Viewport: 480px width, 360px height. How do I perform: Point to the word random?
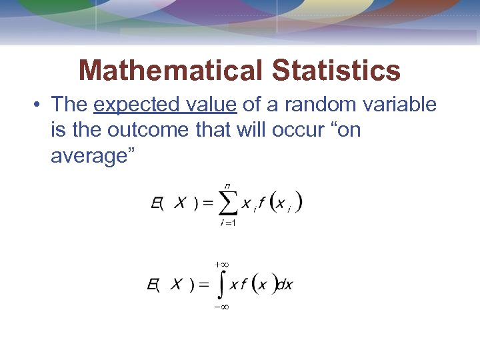pyautogui.click(x=317, y=105)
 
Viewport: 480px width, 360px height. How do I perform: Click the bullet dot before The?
pyautogui.click(x=37, y=105)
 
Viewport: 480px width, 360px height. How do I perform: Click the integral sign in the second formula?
pyautogui.click(x=221, y=285)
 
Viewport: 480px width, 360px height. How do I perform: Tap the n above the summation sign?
pyautogui.click(x=227, y=185)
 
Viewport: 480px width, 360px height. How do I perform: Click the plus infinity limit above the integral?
pyautogui.click(x=221, y=265)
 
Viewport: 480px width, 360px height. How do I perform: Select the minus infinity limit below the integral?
pyautogui.click(x=221, y=307)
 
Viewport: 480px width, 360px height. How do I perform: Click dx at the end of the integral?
pyautogui.click(x=285, y=285)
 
